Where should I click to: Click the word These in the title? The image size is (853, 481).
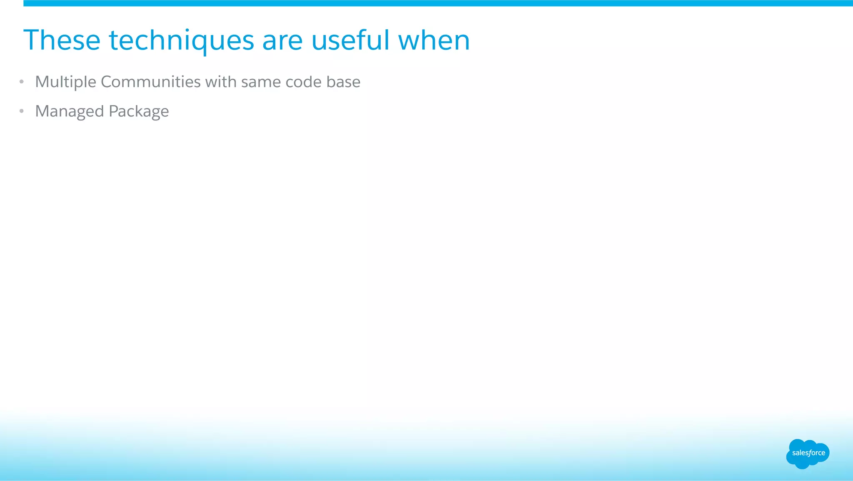pyautogui.click(x=62, y=40)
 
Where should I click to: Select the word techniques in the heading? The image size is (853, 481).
pyautogui.click(x=181, y=40)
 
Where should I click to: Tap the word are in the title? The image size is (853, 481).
pyautogui.click(x=282, y=40)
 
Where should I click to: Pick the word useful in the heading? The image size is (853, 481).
pyautogui.click(x=350, y=40)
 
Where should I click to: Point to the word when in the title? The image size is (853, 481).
pyautogui.click(x=434, y=40)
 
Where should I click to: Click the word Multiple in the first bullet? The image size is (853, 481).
pyautogui.click(x=66, y=82)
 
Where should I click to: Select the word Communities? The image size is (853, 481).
pyautogui.click(x=151, y=82)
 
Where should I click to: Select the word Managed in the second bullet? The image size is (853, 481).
pyautogui.click(x=70, y=111)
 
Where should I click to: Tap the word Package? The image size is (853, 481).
pyautogui.click(x=139, y=111)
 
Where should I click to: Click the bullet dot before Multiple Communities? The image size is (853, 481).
pyautogui.click(x=22, y=82)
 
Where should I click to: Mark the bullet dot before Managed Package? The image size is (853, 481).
pyautogui.click(x=22, y=111)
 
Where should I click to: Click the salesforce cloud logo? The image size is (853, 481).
pyautogui.click(x=808, y=453)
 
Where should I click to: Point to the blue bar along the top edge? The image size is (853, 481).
pyautogui.click(x=437, y=3)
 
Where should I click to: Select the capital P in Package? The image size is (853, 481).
pyautogui.click(x=113, y=111)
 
